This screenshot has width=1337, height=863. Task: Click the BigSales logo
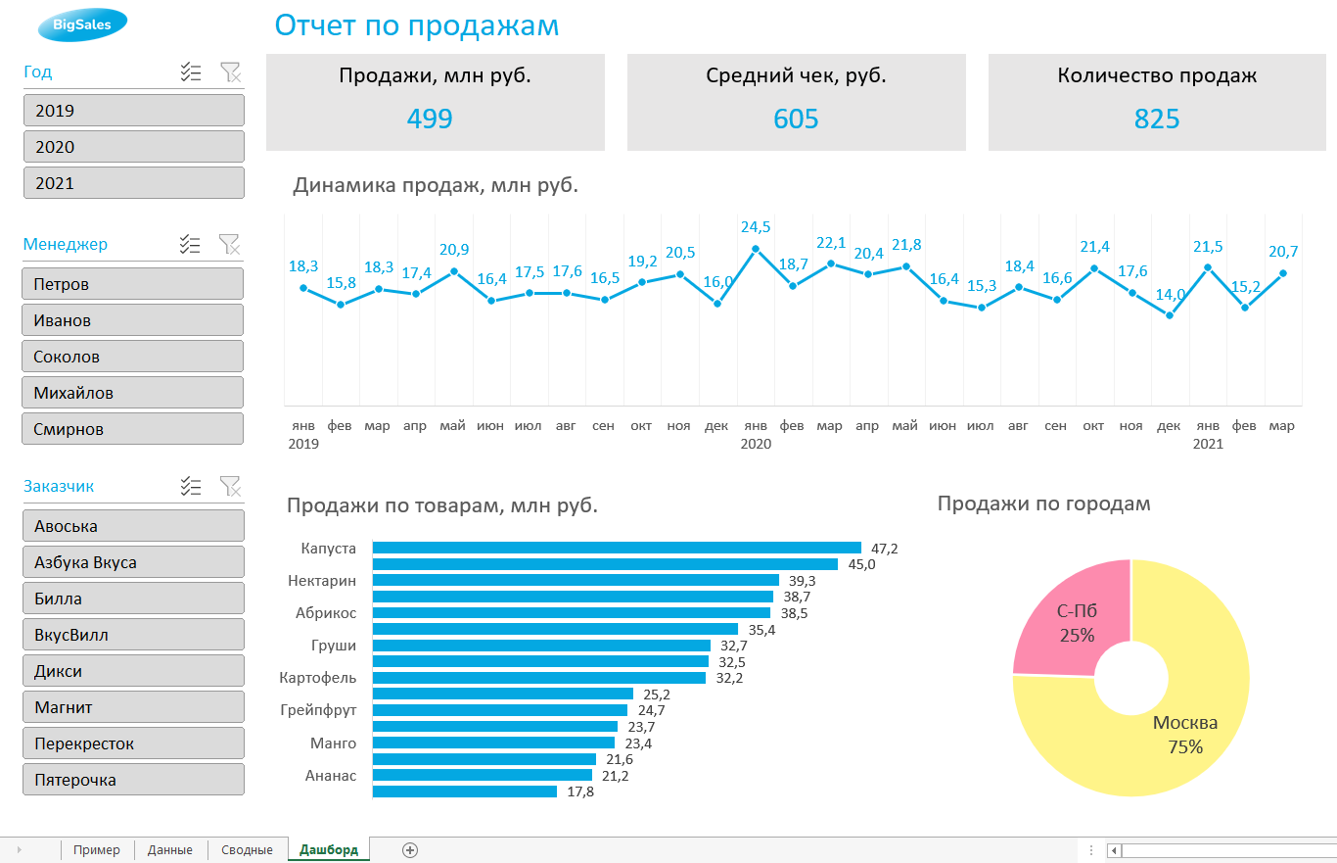[x=82, y=25]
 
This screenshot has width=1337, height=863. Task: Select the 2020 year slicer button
[x=133, y=147]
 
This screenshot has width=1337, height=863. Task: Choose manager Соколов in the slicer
[x=133, y=357]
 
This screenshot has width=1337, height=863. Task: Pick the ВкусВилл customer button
[x=133, y=635]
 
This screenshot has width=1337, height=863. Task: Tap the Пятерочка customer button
[x=133, y=780]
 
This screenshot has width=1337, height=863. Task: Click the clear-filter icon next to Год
[x=230, y=72]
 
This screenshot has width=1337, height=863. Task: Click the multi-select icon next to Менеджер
[x=191, y=244]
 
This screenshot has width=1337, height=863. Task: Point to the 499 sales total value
[x=430, y=119]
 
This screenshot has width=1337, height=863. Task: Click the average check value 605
[x=796, y=119]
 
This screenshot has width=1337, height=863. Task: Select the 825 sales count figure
[x=1157, y=119]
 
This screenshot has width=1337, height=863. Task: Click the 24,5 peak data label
[x=755, y=227]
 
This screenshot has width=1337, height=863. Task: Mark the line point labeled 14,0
[x=1170, y=315]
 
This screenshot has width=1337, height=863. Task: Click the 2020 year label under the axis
[x=756, y=444]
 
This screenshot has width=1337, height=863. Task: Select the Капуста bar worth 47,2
[x=617, y=549]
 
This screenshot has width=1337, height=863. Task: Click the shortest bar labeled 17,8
[x=465, y=791]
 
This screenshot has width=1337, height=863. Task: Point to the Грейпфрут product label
[x=318, y=710]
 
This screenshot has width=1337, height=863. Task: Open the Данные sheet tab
[x=170, y=849]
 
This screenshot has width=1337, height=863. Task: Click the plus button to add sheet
[x=410, y=849]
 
